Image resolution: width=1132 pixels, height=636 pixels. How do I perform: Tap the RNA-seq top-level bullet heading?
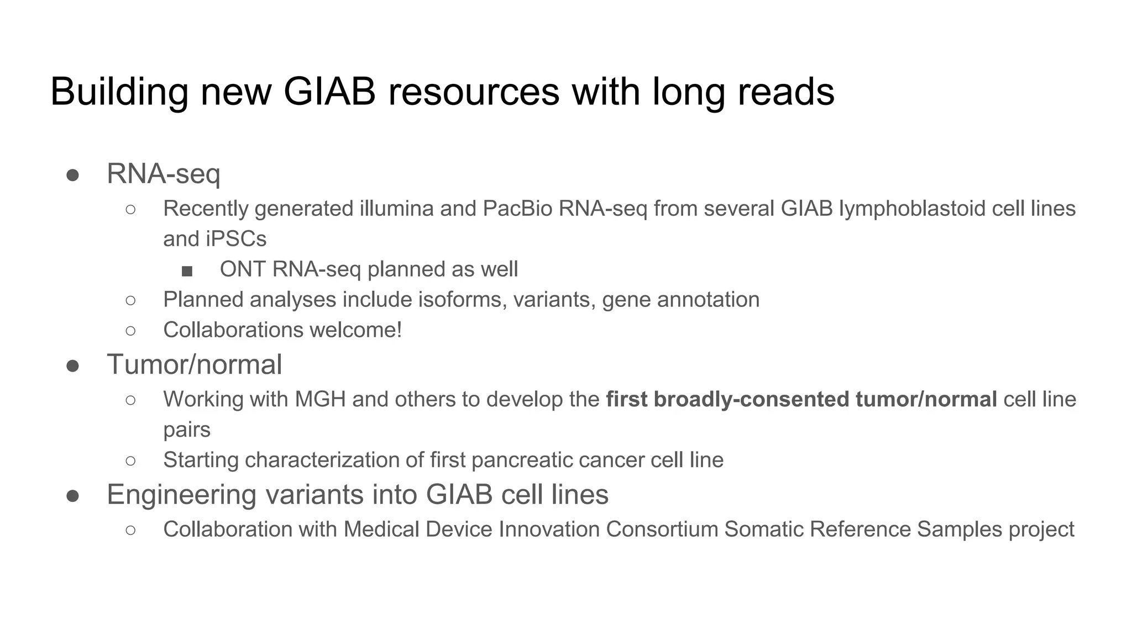tap(163, 174)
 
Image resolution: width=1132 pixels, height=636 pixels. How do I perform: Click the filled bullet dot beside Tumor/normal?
tap(72, 365)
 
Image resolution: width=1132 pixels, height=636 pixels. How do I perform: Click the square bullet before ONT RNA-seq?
tap(187, 271)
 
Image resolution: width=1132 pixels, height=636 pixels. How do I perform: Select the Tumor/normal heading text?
tap(194, 365)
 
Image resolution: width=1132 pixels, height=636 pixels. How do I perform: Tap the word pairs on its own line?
tap(187, 430)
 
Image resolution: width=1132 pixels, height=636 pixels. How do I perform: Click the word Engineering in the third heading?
tap(181, 495)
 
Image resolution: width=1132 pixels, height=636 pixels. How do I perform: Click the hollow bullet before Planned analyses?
tap(130, 300)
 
